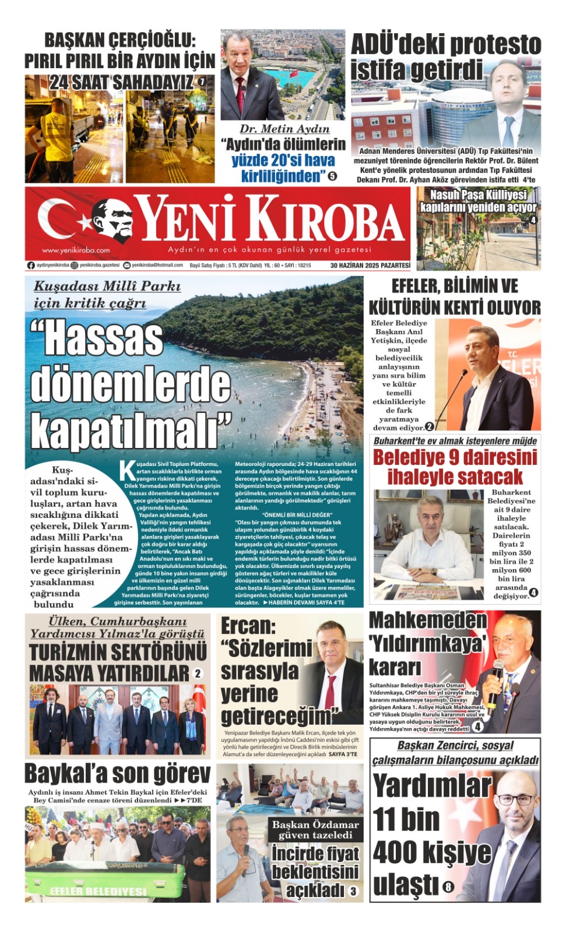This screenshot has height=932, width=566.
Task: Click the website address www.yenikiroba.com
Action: pos(76,250)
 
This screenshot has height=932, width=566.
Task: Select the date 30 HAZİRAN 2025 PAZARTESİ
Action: pos(370,266)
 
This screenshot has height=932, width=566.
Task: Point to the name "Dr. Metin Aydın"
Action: pos(284,129)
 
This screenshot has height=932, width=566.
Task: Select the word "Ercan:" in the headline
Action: pos(248,626)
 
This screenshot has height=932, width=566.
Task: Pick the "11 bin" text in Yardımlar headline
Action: pos(406,819)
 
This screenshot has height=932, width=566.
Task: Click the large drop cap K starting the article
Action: pos(126,470)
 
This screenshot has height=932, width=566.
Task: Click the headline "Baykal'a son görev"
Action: pos(117,774)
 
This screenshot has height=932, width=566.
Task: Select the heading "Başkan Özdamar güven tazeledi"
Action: pos(315,829)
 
